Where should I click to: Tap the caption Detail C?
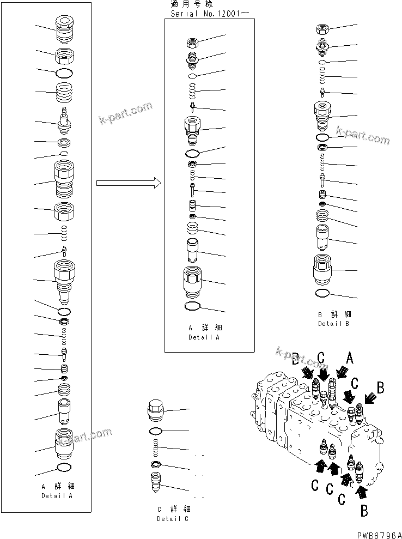(173, 518)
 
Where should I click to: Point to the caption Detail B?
(334, 323)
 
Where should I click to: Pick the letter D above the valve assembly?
(295, 359)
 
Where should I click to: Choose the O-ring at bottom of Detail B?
(322, 294)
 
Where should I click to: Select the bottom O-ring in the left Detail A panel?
(64, 467)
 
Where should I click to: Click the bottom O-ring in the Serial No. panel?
(193, 306)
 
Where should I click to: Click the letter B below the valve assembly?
(364, 511)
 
